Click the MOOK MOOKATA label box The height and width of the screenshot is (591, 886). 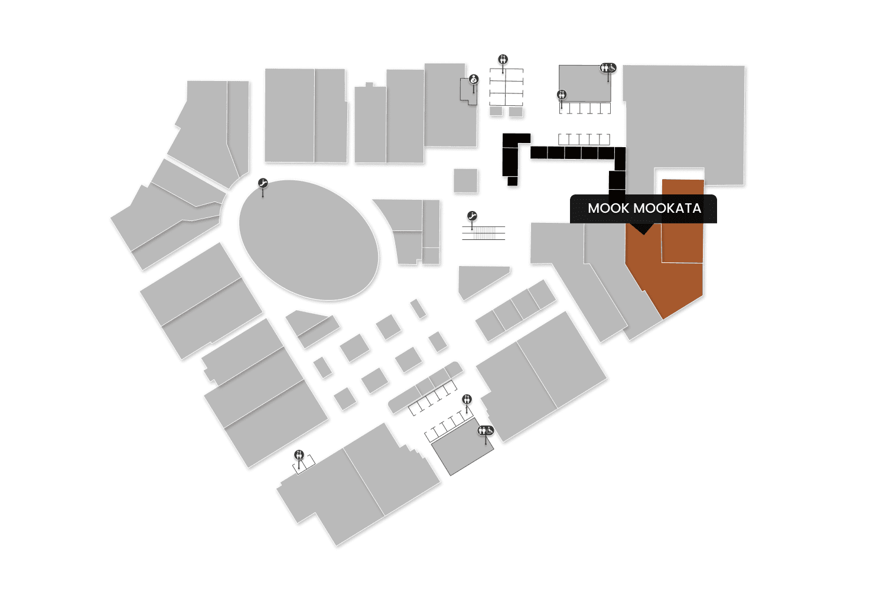[x=643, y=209]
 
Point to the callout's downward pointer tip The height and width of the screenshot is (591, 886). [x=643, y=233]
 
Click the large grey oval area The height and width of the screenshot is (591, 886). [x=308, y=240]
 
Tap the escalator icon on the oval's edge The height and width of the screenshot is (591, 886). [x=263, y=184]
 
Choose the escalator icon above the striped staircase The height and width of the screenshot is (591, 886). [x=471, y=216]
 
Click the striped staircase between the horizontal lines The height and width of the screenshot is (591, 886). [x=484, y=233]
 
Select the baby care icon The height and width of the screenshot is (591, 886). [x=473, y=79]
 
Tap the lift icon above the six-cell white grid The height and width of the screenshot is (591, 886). [x=503, y=59]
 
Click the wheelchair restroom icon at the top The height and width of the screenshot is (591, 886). [x=608, y=68]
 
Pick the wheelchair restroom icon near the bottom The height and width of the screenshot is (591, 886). [x=486, y=430]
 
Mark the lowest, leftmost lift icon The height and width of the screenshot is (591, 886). [x=299, y=454]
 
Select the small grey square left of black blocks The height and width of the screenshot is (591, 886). [x=465, y=180]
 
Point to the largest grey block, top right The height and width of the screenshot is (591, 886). [x=685, y=118]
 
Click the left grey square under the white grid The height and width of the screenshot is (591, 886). [x=496, y=111]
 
